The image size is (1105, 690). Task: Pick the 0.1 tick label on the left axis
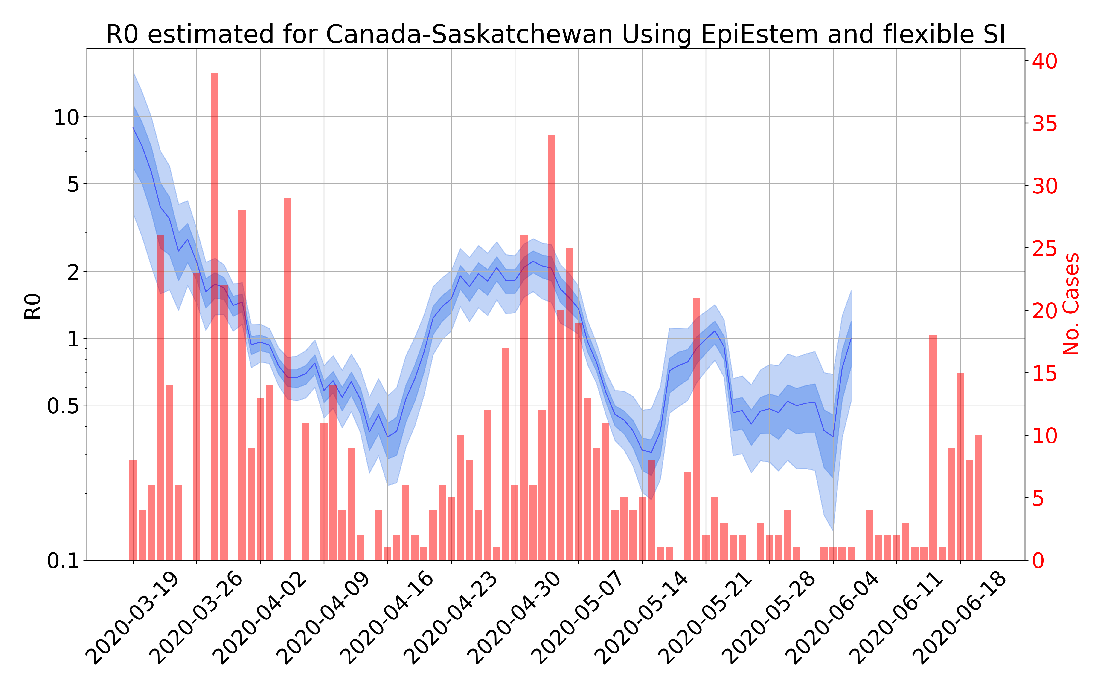click(63, 561)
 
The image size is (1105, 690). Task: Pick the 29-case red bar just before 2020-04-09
click(288, 379)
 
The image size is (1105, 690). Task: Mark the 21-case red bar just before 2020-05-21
click(697, 429)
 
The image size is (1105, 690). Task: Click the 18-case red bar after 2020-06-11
click(933, 447)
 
